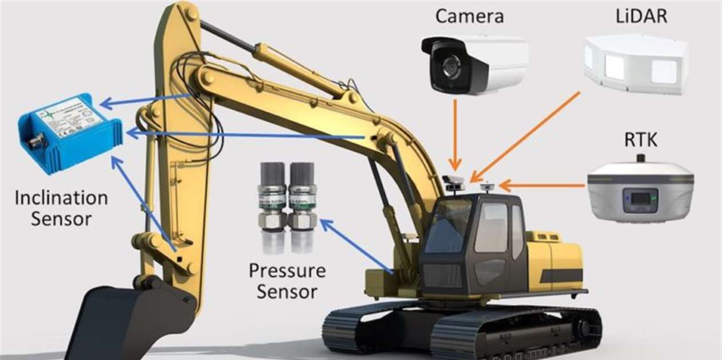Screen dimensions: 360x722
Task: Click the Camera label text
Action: click(469, 15)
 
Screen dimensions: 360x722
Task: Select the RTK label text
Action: click(641, 140)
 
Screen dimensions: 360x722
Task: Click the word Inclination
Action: click(61, 198)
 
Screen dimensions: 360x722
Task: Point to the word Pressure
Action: click(287, 271)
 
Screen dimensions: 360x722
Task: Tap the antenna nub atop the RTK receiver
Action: click(641, 158)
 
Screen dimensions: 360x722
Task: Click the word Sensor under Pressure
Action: click(287, 291)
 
